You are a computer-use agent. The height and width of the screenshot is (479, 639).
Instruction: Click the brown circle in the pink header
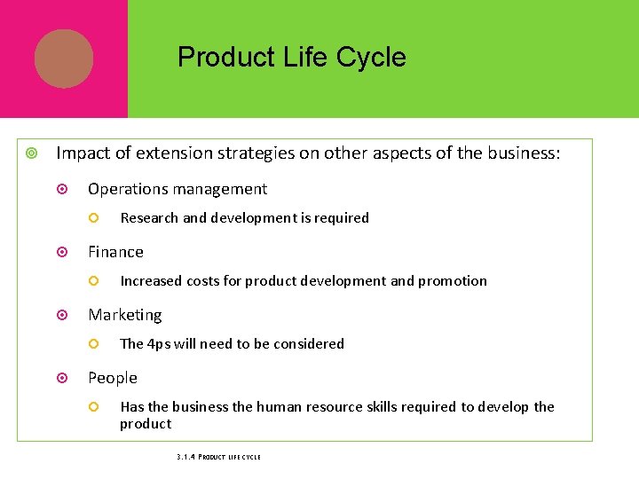pyautogui.click(x=64, y=59)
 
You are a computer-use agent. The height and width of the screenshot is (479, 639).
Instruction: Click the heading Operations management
pyautogui.click(x=177, y=189)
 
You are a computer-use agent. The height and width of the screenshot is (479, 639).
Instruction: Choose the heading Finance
pyautogui.click(x=115, y=252)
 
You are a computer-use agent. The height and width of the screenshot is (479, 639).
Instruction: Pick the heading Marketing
pyautogui.click(x=124, y=315)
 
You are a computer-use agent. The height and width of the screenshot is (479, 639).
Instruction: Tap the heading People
pyautogui.click(x=112, y=378)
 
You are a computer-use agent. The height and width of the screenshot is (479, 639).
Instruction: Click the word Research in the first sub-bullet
pyautogui.click(x=149, y=218)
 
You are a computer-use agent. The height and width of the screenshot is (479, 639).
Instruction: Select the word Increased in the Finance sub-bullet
pyautogui.click(x=150, y=281)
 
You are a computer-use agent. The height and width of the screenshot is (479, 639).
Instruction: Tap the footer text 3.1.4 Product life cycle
pyautogui.click(x=218, y=457)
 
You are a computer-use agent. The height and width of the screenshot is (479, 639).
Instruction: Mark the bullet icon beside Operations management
pyautogui.click(x=62, y=189)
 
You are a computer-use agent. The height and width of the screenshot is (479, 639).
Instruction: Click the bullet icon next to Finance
pyautogui.click(x=62, y=252)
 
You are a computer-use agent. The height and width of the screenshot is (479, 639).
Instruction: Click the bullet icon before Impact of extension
pyautogui.click(x=31, y=153)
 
